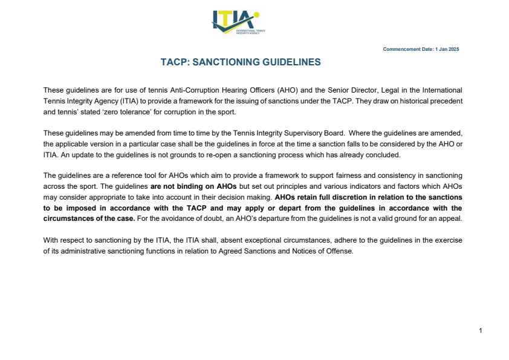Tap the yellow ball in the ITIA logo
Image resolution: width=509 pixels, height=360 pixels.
pos(256,15)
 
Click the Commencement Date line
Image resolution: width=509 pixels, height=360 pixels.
pos(421,49)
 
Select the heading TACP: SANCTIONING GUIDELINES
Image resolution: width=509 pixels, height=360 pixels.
pos(241,62)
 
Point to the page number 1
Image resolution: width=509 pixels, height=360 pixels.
pos(480,330)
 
